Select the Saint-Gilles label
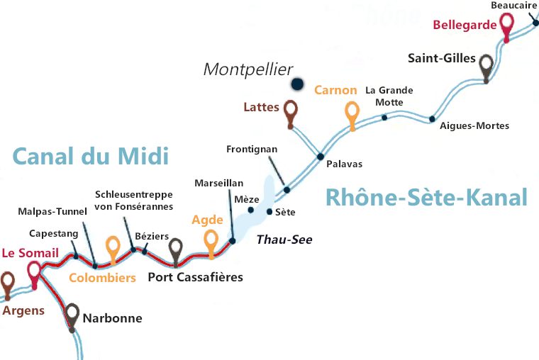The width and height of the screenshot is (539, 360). [x=441, y=58]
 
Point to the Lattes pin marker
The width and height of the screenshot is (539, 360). [x=290, y=111]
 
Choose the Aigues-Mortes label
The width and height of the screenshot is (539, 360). [x=474, y=126]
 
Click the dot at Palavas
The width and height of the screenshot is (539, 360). [x=321, y=157]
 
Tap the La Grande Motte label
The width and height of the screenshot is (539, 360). [x=389, y=96]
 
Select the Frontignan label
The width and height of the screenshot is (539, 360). [x=252, y=150]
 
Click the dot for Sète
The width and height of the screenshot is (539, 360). [x=269, y=211]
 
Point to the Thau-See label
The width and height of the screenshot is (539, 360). [x=284, y=240]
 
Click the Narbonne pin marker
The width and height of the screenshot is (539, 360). [x=72, y=313]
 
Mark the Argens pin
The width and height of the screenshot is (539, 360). [x=8, y=283]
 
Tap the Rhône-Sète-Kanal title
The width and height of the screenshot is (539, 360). [x=426, y=197]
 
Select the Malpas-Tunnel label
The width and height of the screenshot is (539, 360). [x=53, y=211]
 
